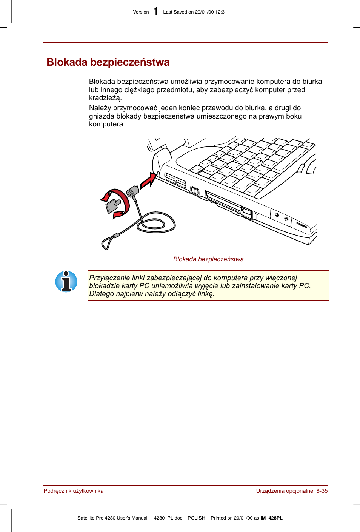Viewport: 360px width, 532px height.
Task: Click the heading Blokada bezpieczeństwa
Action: (x=108, y=62)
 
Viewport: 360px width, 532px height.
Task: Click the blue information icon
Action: (x=66, y=282)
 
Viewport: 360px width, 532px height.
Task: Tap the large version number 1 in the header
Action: (x=156, y=12)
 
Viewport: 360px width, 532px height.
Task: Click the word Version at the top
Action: (x=141, y=12)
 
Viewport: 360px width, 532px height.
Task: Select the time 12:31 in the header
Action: (x=221, y=12)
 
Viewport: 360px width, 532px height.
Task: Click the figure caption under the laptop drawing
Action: (x=208, y=259)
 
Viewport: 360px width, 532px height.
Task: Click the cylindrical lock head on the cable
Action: (x=132, y=191)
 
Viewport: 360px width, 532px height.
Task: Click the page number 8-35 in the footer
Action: (x=322, y=491)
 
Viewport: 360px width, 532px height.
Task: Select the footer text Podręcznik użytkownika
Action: (x=74, y=491)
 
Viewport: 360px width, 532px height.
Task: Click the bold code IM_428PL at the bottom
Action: (x=271, y=518)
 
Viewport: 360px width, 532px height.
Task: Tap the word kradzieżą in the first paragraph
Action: (x=105, y=98)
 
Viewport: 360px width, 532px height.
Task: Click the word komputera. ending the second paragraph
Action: (x=107, y=124)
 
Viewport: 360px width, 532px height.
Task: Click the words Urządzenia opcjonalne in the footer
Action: (x=285, y=491)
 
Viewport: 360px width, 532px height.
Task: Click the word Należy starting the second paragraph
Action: (x=100, y=108)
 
